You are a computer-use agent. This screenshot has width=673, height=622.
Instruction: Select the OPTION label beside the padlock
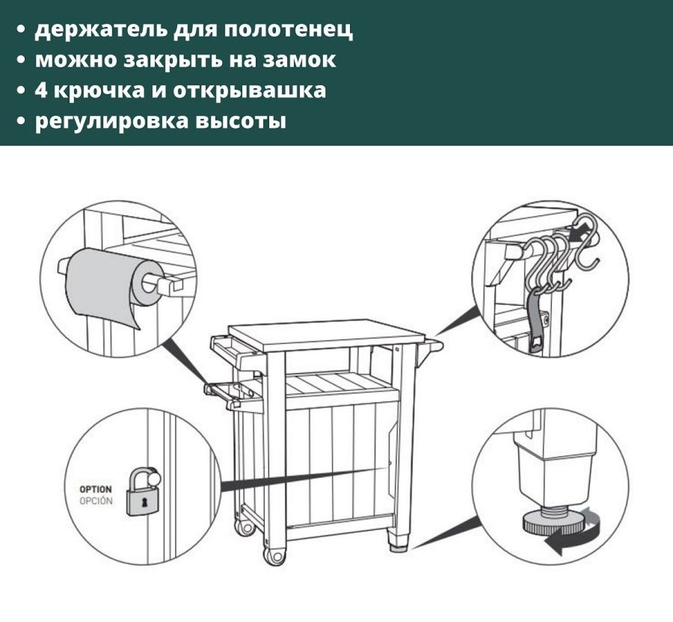[x=95, y=490]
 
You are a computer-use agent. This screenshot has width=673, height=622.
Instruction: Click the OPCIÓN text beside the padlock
[x=95, y=501]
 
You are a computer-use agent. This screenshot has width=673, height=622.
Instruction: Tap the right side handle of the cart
[x=432, y=343]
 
